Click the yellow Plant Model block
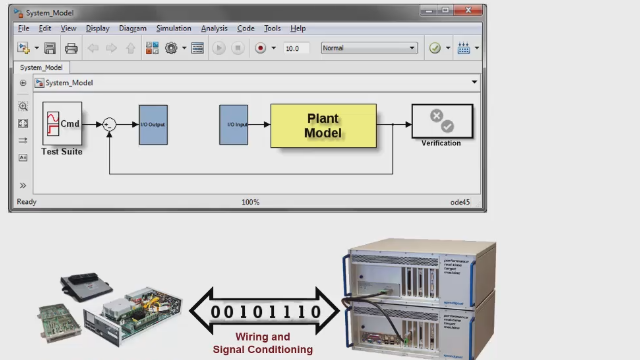[323, 125]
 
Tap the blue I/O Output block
[153, 124]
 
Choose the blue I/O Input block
[233, 124]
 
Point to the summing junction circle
[110, 124]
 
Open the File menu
[24, 29]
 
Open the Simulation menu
[173, 29]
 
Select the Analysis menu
[214, 29]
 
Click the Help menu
[298, 29]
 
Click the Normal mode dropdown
[368, 48]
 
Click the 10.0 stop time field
[295, 48]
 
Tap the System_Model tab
[41, 68]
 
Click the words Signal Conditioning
[263, 350]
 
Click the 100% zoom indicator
[250, 202]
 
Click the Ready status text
[27, 202]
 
